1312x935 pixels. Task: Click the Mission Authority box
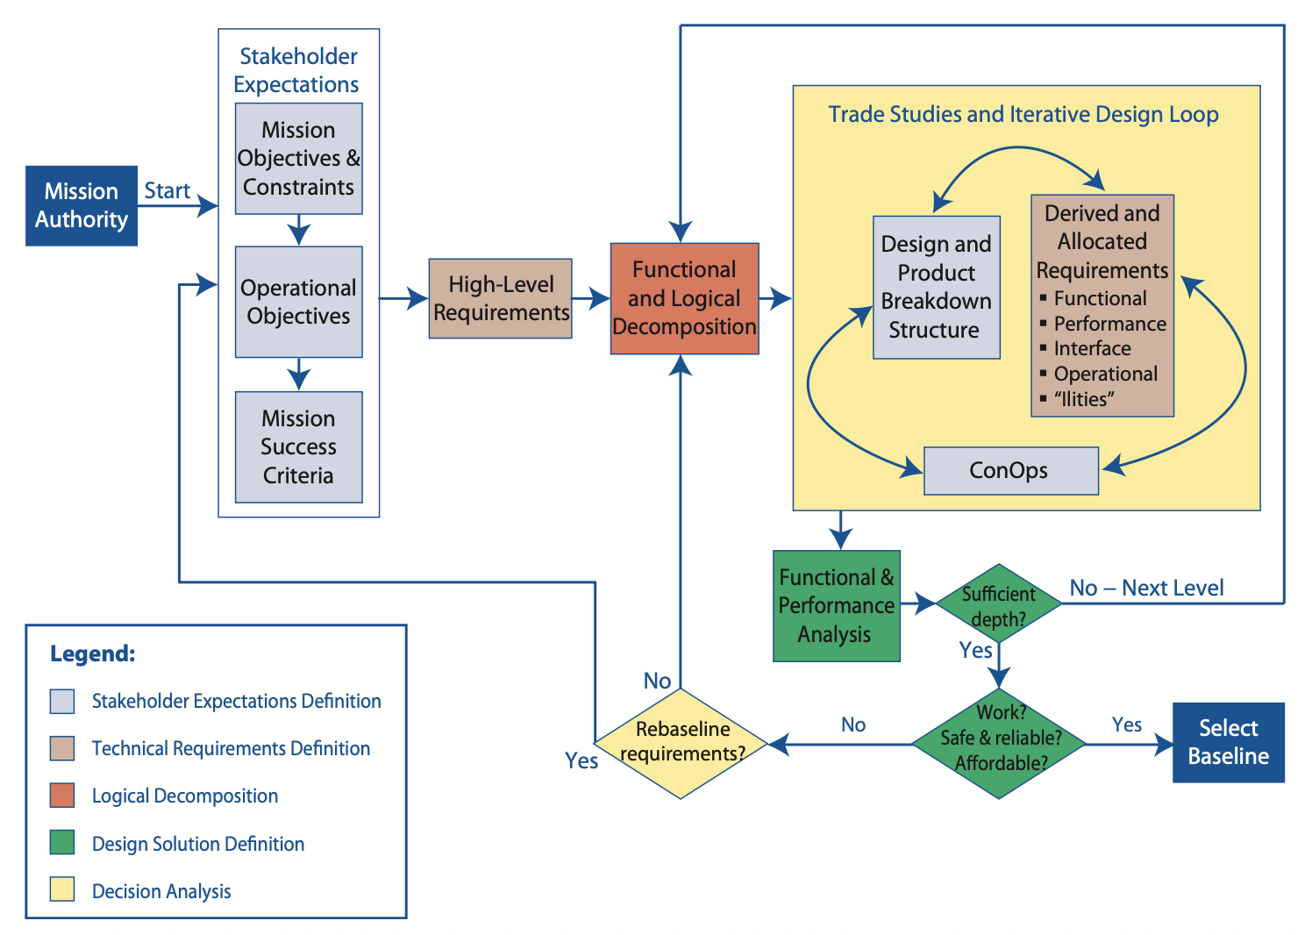tap(81, 205)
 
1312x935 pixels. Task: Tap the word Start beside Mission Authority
tap(167, 190)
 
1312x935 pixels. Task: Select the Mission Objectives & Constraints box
tap(298, 159)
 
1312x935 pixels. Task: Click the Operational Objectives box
tap(298, 302)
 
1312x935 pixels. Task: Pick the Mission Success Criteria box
tap(298, 446)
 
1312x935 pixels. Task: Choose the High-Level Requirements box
tap(500, 298)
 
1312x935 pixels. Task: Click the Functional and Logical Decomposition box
tap(684, 298)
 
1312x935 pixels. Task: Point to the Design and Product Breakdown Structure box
tap(936, 287)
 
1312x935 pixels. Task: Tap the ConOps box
tap(1010, 470)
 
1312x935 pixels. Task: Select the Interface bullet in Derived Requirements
tap(1092, 348)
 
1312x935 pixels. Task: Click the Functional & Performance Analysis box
tap(836, 605)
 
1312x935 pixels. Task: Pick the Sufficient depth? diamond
tap(998, 604)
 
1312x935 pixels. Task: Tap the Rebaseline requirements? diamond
tap(681, 742)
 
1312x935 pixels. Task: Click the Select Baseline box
tap(1228, 742)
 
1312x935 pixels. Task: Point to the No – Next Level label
tap(1145, 588)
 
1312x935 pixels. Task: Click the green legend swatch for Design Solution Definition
tap(62, 843)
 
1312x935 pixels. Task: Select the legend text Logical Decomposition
tap(185, 796)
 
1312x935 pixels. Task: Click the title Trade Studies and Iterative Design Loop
tap(1023, 114)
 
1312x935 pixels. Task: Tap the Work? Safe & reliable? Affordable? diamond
tap(999, 742)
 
